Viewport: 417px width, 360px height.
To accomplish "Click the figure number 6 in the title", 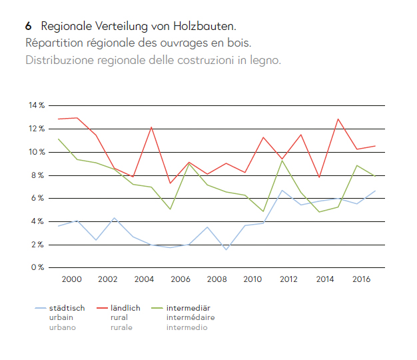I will (x=29, y=27).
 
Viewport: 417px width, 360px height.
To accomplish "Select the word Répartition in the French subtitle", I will (x=52, y=43).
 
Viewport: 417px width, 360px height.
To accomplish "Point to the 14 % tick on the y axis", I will (x=37, y=105).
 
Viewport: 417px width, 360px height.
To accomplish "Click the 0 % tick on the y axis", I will (x=39, y=268).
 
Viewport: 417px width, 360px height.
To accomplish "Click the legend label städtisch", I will (x=67, y=309).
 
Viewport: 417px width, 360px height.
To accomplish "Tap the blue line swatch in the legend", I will (x=41, y=309).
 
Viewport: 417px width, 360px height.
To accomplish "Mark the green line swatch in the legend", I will (x=155, y=309).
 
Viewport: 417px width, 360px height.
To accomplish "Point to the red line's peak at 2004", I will (x=152, y=127).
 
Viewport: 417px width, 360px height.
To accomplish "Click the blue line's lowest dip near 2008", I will (x=225, y=249).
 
